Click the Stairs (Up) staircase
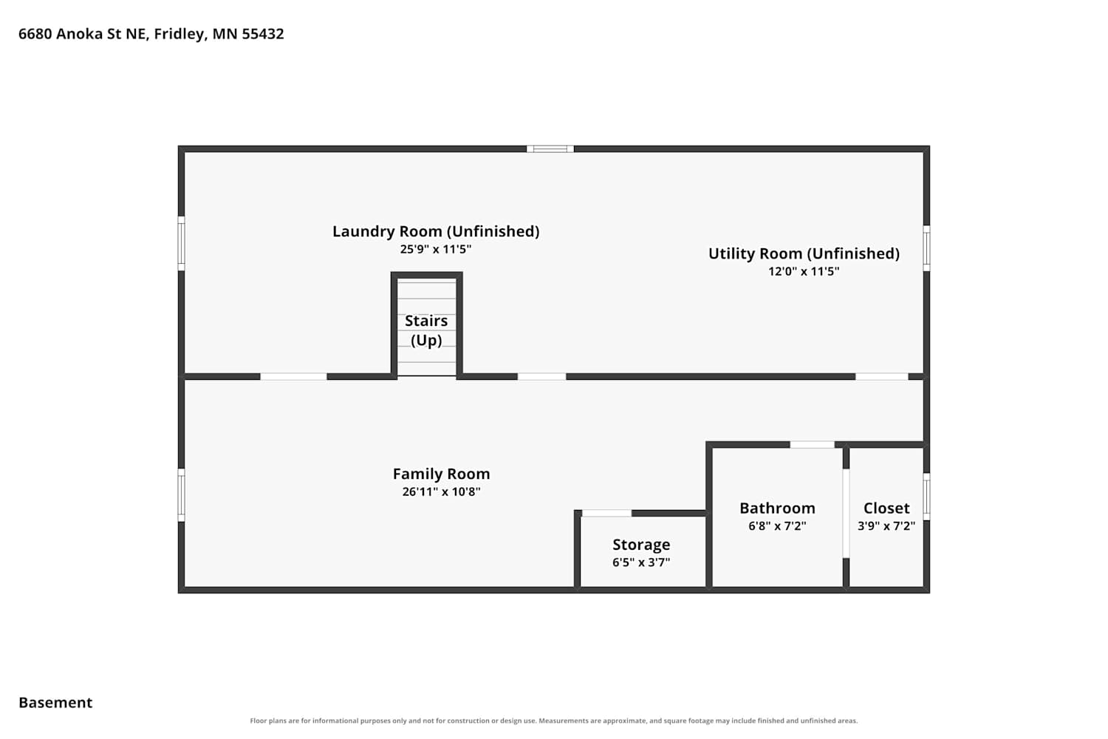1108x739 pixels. point(426,327)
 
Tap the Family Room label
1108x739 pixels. point(441,474)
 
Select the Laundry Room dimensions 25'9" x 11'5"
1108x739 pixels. point(435,249)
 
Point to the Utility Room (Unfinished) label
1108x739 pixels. point(804,253)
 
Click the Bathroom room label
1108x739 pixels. point(777,508)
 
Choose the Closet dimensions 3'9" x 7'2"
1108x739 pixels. point(886,525)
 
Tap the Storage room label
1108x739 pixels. point(641,545)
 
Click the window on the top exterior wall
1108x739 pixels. point(550,149)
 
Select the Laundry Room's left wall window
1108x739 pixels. point(182,244)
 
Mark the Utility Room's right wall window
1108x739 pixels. point(926,248)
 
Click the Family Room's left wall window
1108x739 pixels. point(182,495)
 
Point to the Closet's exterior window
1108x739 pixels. point(926,497)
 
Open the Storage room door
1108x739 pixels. point(606,514)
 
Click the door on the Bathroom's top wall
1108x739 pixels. point(813,444)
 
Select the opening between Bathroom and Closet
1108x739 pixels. point(846,514)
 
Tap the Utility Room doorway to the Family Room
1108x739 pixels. point(881,377)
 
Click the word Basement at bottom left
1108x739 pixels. point(55,702)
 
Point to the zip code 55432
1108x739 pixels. point(263,34)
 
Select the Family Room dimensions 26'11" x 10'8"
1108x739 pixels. point(441,491)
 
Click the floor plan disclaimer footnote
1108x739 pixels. point(553,721)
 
